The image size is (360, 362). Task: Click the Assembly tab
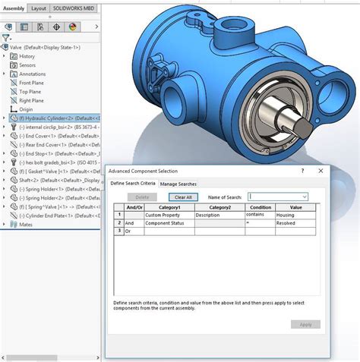click(x=14, y=8)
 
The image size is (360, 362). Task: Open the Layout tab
click(x=39, y=8)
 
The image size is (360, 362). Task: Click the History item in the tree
click(x=27, y=56)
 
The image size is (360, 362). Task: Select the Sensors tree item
click(x=27, y=65)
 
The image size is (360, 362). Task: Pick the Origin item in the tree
click(x=26, y=109)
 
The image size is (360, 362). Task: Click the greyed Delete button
click(x=142, y=197)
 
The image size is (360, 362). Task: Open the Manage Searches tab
click(x=178, y=184)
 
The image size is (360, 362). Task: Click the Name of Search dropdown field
click(x=276, y=197)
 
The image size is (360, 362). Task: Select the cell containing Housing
click(x=295, y=215)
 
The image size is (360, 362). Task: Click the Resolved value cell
click(x=295, y=223)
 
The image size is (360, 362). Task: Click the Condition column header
click(x=261, y=206)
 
